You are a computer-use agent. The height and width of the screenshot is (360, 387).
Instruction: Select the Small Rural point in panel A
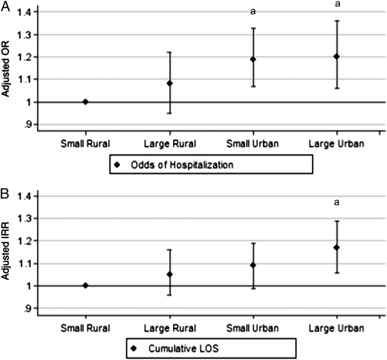pos(85,102)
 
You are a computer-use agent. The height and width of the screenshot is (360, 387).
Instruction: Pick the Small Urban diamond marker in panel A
pos(253,59)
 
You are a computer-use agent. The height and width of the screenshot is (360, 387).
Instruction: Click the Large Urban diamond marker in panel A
pos(337,56)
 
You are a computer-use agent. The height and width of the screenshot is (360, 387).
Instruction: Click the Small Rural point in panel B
pos(85,285)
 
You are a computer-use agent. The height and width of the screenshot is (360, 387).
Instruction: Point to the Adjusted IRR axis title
pos(7,251)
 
